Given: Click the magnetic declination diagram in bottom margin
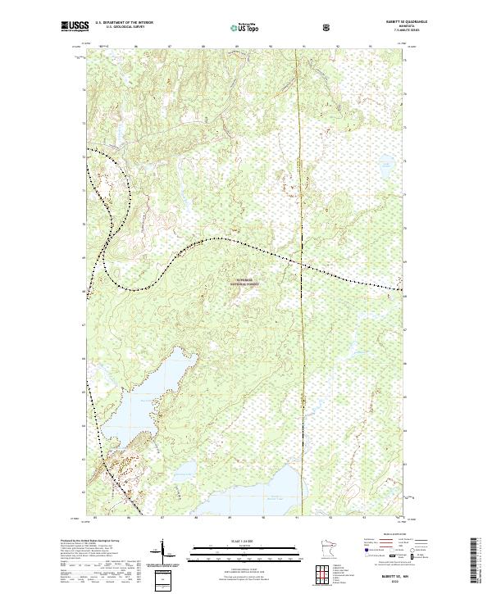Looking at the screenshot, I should point(168,556).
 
